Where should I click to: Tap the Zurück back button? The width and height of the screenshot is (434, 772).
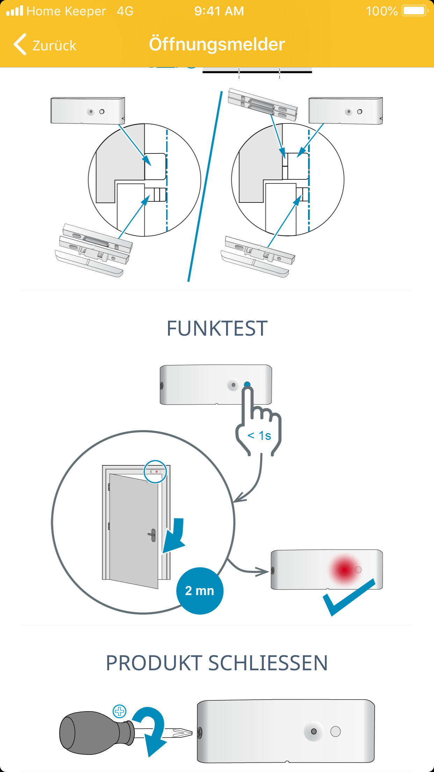[x=45, y=45]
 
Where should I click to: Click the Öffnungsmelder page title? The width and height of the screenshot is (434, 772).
[x=217, y=44]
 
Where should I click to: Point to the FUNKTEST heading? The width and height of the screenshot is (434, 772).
[x=217, y=329]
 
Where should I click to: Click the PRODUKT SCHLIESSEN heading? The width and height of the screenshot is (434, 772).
[x=217, y=663]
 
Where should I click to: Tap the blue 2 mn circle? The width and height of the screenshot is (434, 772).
[x=200, y=591]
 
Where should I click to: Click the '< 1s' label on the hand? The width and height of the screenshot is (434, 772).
[x=259, y=436]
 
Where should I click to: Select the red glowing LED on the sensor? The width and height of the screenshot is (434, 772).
[x=345, y=570]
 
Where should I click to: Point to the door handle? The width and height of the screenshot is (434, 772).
[x=152, y=535]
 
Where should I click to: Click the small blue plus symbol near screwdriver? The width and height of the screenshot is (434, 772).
[x=120, y=711]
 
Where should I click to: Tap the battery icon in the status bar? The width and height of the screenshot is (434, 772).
[x=414, y=11]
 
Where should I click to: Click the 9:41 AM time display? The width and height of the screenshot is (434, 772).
[x=219, y=11]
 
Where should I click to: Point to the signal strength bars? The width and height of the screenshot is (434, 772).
[x=15, y=11]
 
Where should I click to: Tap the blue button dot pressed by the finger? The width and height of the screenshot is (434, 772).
[x=247, y=385]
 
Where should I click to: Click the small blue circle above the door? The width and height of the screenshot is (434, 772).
[x=155, y=471]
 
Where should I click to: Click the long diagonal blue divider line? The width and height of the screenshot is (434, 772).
[x=205, y=185]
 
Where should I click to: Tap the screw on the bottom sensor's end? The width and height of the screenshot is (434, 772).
[x=200, y=732]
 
